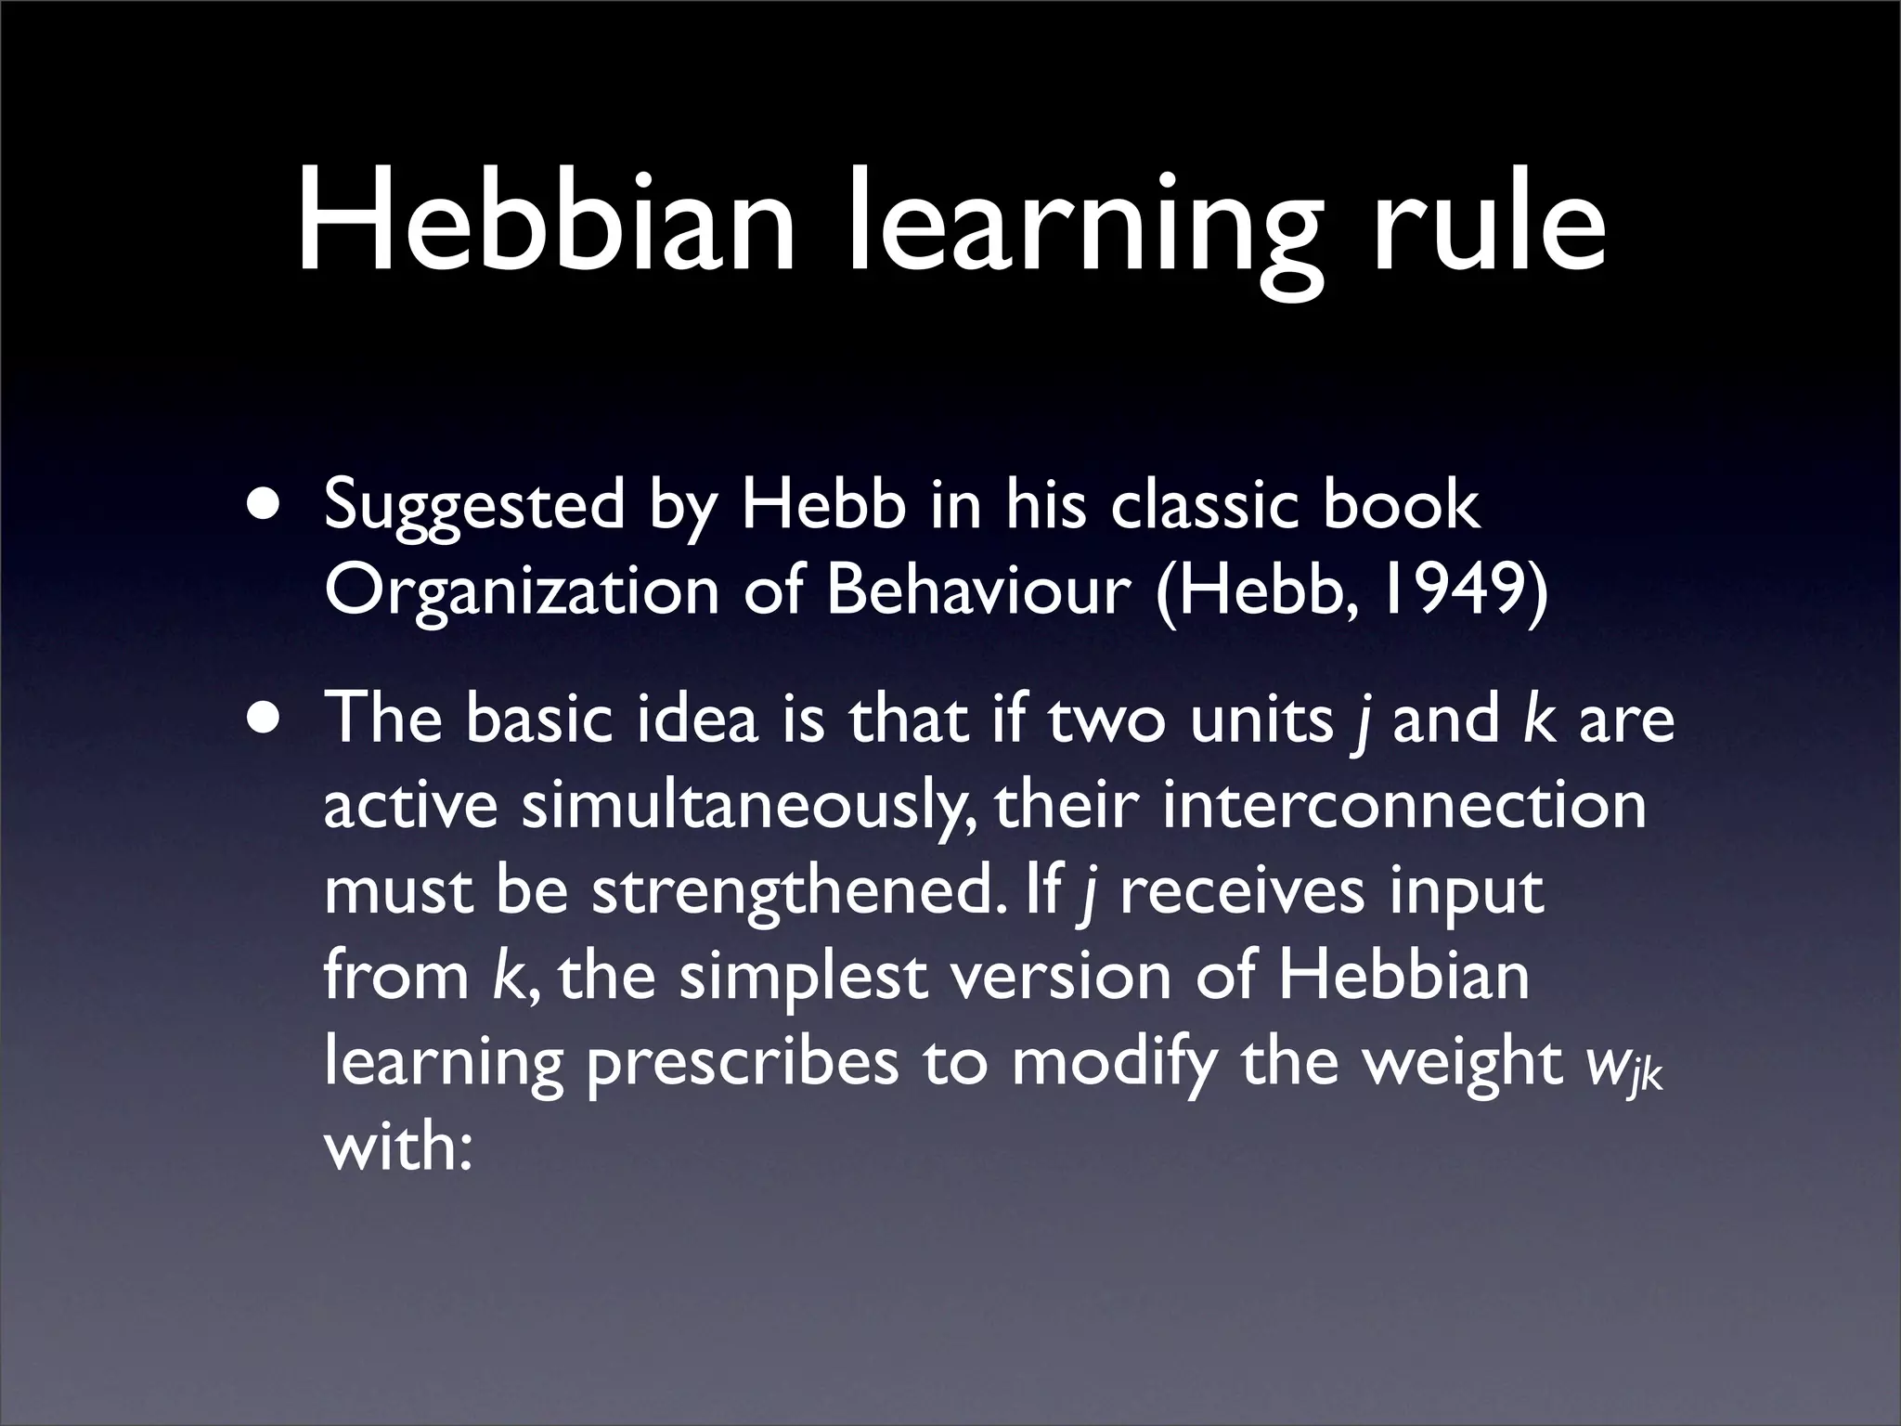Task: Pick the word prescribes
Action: pyautogui.click(x=743, y=1064)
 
